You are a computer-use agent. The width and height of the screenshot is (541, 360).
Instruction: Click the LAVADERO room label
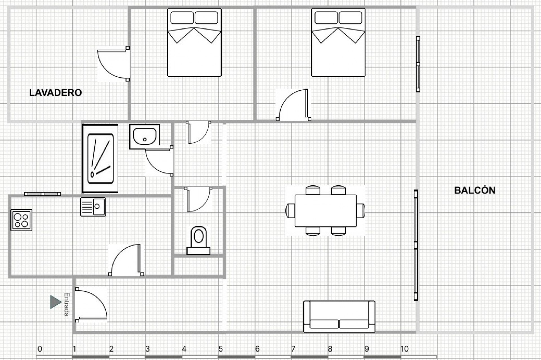[56, 93]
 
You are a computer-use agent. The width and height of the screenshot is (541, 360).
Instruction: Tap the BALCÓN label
[475, 190]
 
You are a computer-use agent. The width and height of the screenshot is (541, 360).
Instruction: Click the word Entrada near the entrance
[66, 304]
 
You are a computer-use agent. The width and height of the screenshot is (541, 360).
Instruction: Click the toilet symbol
[199, 240]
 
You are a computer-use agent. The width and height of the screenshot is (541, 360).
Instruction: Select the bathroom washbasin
[145, 137]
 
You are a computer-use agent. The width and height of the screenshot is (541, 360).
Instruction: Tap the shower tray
[100, 159]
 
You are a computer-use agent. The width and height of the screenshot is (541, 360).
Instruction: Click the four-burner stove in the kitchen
[21, 220]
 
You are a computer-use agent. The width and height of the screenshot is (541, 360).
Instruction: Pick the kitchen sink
[93, 207]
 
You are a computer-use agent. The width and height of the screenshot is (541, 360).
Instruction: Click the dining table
[325, 210]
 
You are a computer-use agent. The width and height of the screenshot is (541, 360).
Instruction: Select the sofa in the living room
[339, 316]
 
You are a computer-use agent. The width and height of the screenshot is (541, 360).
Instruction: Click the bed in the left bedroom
[194, 42]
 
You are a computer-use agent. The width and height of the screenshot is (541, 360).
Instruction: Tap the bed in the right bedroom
[338, 42]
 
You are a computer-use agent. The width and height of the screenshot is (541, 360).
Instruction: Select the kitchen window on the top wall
[42, 194]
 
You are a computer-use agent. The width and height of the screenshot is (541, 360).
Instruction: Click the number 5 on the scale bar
[221, 349]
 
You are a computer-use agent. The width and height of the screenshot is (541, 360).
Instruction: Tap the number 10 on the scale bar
[404, 349]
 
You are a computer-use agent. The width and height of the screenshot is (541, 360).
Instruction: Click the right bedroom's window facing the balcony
[418, 64]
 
